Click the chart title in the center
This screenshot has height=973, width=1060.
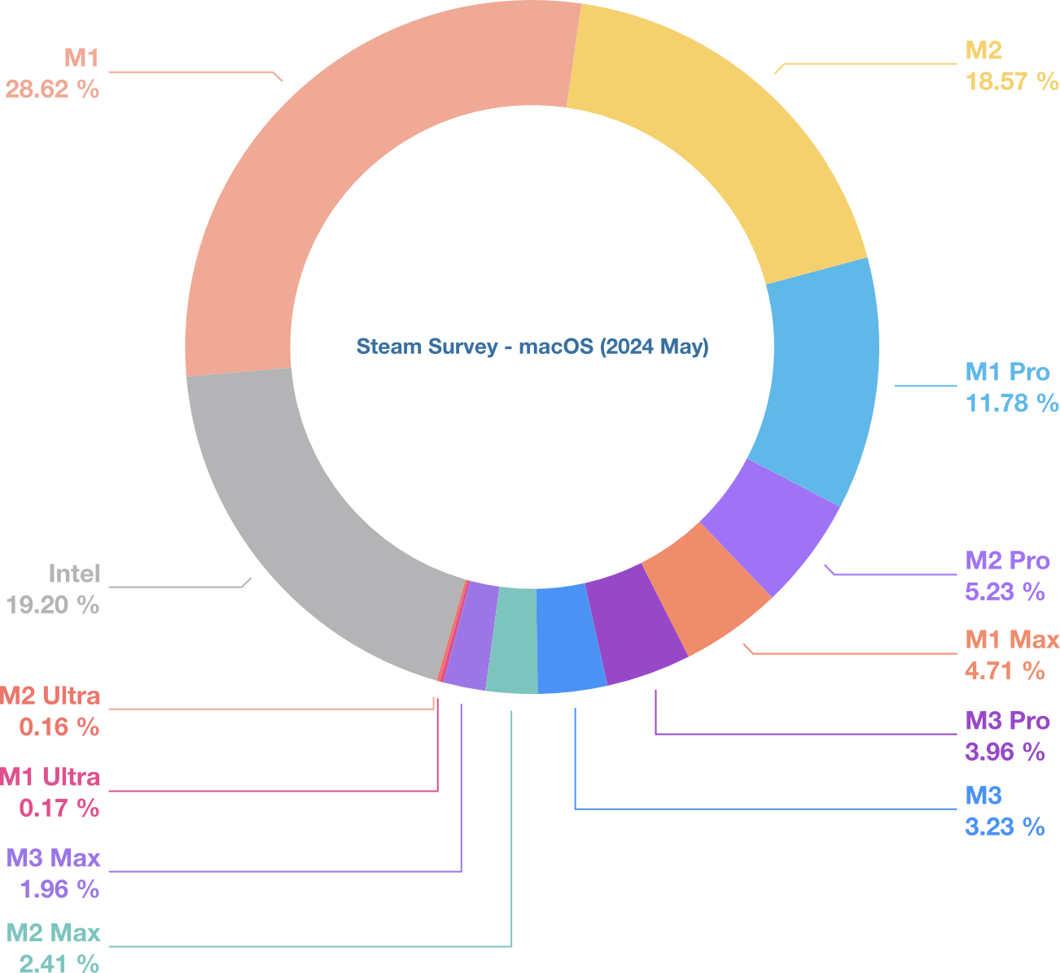click(532, 347)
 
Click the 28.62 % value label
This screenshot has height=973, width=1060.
click(52, 89)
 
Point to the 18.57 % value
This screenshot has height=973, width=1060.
click(1012, 81)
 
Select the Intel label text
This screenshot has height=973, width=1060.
click(73, 574)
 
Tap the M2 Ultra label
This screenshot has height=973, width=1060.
click(50, 696)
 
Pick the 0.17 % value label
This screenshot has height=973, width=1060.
click(59, 808)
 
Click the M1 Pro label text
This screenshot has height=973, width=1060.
click(1008, 372)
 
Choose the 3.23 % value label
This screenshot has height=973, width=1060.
click(1005, 827)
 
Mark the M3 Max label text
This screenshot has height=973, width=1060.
click(54, 857)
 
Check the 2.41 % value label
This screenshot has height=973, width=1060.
click(59, 964)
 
